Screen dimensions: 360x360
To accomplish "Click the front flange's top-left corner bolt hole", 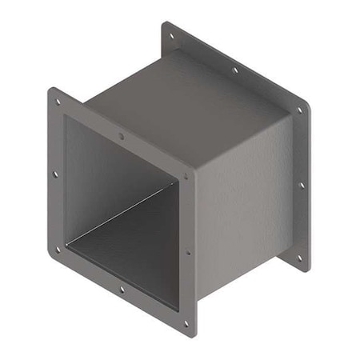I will coord(57,101).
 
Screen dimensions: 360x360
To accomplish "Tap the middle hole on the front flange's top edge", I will coord(122,137).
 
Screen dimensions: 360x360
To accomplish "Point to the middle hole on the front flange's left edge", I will coord(55,173).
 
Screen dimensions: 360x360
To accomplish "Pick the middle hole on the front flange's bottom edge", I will coord(122,289).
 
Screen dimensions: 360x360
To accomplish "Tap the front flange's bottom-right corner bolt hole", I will coord(186,324).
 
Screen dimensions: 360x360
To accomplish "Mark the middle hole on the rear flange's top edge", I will coord(235,70).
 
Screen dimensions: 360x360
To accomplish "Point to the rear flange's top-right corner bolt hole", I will coord(299,110).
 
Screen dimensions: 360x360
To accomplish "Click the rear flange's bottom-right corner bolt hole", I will coord(300,258).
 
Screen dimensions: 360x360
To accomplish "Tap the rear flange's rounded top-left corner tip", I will coord(164,26).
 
